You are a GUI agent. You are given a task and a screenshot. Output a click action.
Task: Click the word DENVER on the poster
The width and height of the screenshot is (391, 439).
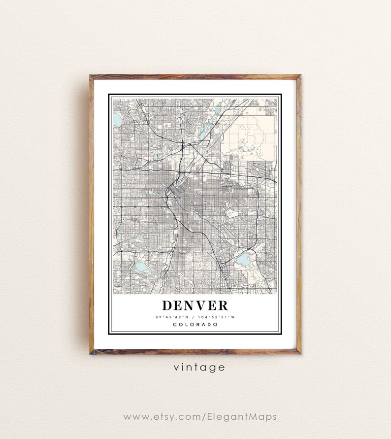[195, 305]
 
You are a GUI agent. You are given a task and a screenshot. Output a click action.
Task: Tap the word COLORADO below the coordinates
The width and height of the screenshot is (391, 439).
[195, 324]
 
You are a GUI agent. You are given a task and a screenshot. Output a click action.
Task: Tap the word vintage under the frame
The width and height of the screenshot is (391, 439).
[199, 367]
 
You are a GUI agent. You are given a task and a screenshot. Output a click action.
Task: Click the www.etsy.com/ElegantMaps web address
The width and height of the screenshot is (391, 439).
[199, 417]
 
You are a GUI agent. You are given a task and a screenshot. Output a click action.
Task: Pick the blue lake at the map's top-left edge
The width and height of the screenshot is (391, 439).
[117, 119]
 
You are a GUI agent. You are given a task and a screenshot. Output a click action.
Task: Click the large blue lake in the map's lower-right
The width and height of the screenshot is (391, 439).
[242, 260]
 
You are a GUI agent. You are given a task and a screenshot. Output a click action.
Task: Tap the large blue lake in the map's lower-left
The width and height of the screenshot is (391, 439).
[141, 267]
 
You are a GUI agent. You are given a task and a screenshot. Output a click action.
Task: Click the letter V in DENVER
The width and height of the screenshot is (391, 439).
[199, 305]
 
